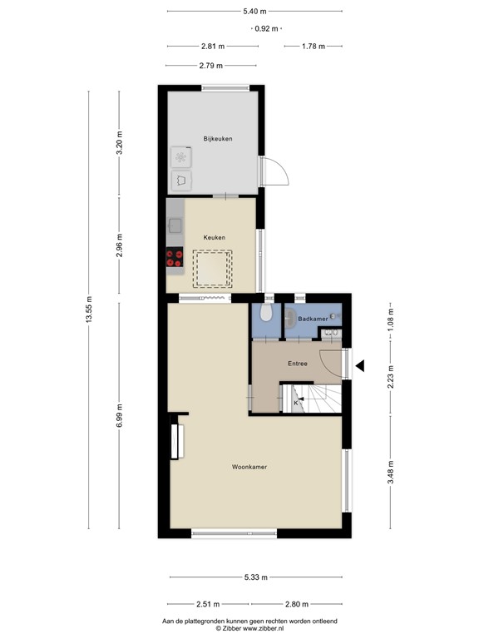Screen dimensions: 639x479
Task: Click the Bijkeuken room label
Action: (217, 138)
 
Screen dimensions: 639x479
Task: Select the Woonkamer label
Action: (249, 468)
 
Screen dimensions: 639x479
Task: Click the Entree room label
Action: (298, 364)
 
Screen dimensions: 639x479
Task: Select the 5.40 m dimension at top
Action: (254, 11)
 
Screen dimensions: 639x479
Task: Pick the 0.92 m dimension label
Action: (267, 28)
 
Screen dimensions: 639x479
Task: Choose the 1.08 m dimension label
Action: (391, 320)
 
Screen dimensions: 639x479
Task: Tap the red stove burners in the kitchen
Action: (175, 259)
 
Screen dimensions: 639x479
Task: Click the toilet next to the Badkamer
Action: (265, 312)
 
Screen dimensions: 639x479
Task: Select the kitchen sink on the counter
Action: (175, 223)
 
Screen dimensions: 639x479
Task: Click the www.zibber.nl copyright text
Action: (249, 629)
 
